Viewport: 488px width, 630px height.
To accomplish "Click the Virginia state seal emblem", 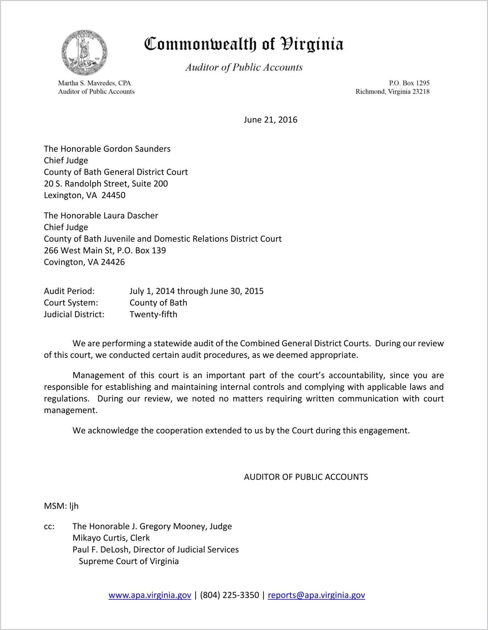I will click(84, 53).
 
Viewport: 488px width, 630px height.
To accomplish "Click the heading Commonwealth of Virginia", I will click(244, 44).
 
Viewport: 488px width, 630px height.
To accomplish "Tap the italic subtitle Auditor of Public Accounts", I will click(244, 67).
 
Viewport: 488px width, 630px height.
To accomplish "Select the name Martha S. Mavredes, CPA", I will click(94, 83).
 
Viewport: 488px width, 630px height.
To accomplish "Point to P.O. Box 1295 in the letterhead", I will click(409, 83).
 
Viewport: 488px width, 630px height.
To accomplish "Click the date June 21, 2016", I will click(270, 120).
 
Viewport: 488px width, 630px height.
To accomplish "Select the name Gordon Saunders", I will click(137, 149).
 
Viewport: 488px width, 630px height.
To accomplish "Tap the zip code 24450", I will click(113, 195).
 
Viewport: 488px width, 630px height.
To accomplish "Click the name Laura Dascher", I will click(131, 215).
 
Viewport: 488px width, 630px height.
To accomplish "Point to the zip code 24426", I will click(113, 262).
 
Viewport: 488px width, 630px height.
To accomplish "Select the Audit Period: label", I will click(69, 291).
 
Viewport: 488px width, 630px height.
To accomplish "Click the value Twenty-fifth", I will click(153, 314).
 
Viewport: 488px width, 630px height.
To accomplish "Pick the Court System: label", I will click(71, 303).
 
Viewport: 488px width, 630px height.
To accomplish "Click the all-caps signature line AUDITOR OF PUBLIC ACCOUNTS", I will click(306, 477).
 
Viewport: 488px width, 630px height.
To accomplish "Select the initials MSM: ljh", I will click(61, 506).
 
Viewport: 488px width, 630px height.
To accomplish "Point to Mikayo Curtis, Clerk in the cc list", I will click(111, 538).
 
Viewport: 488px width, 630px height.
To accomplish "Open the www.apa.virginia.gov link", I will click(150, 595).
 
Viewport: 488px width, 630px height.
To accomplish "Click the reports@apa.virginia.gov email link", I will click(316, 595).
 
